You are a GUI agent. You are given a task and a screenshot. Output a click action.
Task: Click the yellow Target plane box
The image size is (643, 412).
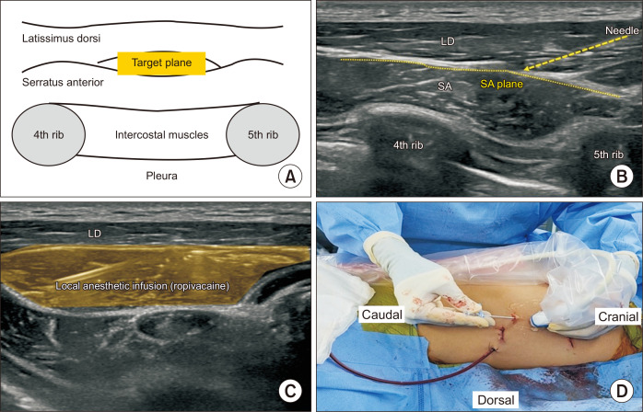tap(163, 62)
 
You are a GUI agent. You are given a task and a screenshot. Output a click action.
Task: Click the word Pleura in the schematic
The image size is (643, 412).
tap(155, 171)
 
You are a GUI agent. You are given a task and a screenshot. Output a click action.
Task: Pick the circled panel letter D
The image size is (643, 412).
tap(621, 389)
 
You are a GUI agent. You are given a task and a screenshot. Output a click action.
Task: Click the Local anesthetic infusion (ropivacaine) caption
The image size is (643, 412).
tap(141, 286)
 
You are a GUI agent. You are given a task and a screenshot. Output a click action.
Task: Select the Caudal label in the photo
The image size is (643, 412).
tap(382, 315)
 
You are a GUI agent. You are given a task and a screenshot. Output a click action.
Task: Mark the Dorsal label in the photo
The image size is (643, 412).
tap(494, 399)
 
